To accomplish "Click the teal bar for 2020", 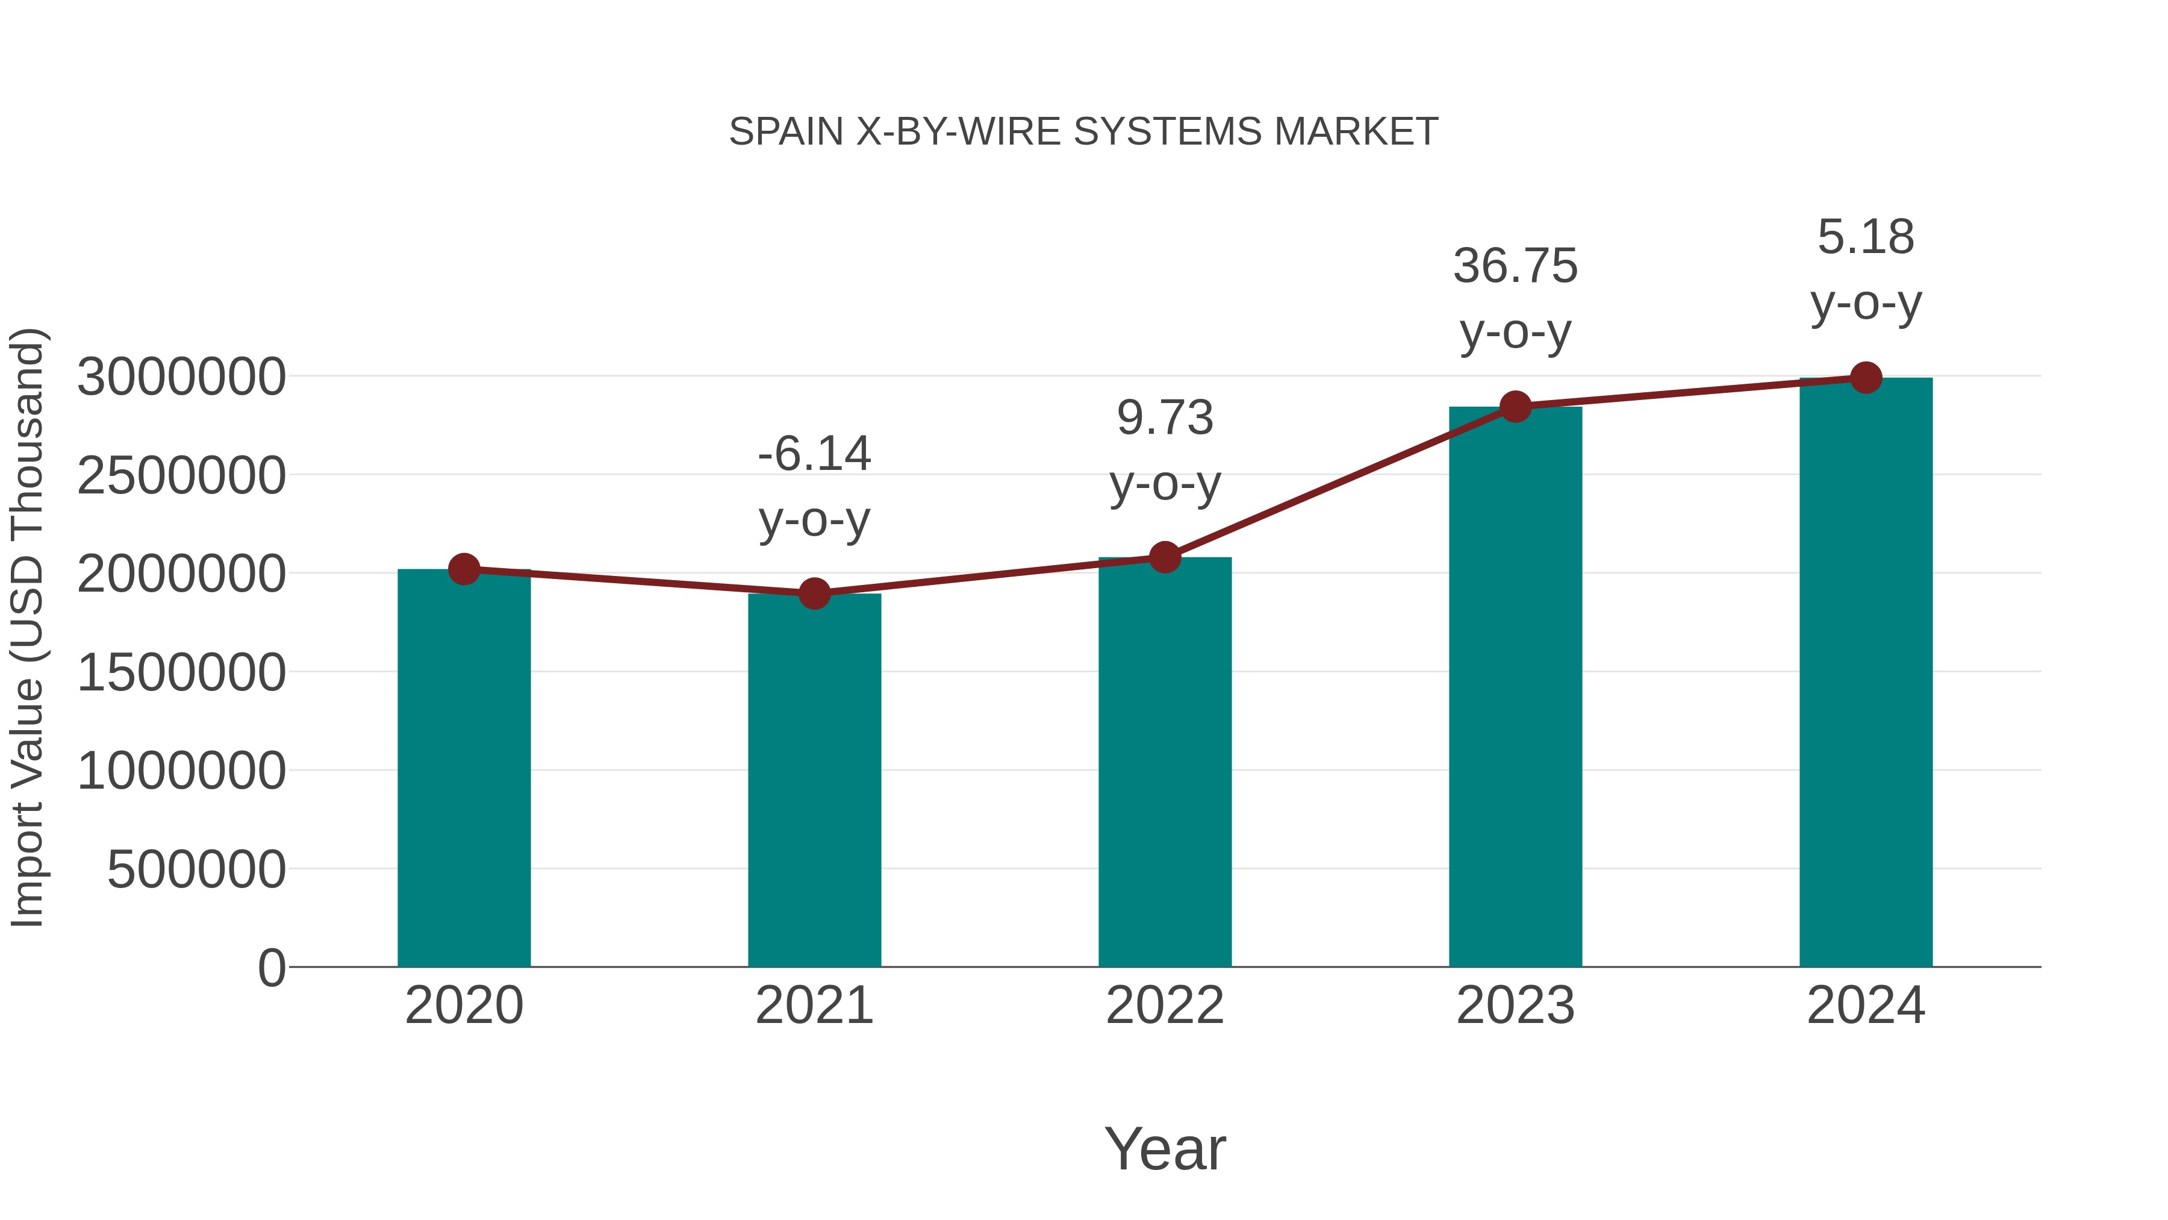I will [x=464, y=768].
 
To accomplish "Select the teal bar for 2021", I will [x=814, y=780].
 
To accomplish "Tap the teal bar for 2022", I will [x=1165, y=762].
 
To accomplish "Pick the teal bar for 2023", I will [x=1515, y=686].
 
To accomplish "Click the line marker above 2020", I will [x=464, y=569].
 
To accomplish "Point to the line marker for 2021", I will [x=814, y=593].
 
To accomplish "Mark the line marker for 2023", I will [x=1515, y=407].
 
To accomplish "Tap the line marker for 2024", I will [x=1866, y=378].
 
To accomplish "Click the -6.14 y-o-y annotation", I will [x=814, y=487].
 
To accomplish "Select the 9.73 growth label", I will [x=1165, y=451].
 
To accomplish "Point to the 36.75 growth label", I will [x=1515, y=299].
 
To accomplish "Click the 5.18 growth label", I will [x=1866, y=269].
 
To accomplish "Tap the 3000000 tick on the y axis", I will [x=181, y=377].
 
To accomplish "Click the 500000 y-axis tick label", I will [x=196, y=869].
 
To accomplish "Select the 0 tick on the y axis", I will [x=272, y=968].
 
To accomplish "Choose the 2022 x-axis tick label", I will [x=1165, y=1006].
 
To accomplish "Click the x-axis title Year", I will [x=1165, y=1148].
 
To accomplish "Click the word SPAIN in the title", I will [x=786, y=132].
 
